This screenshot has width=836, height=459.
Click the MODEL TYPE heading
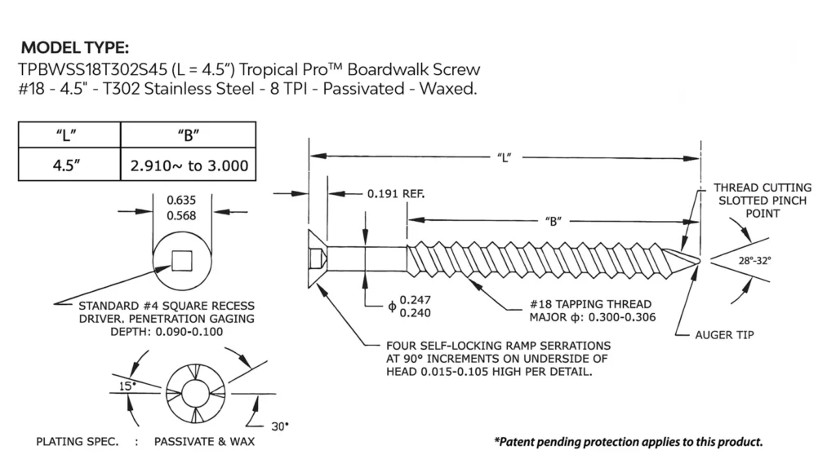pyautogui.click(x=75, y=47)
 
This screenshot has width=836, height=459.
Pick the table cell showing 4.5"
pyautogui.click(x=69, y=166)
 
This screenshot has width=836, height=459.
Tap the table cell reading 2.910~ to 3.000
pyautogui.click(x=189, y=166)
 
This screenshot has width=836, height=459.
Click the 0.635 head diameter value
pyautogui.click(x=180, y=201)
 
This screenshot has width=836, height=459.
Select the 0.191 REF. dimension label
pyautogui.click(x=396, y=194)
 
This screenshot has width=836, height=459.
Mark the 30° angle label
pyautogui.click(x=280, y=426)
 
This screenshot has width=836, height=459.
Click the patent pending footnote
pyautogui.click(x=628, y=442)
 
